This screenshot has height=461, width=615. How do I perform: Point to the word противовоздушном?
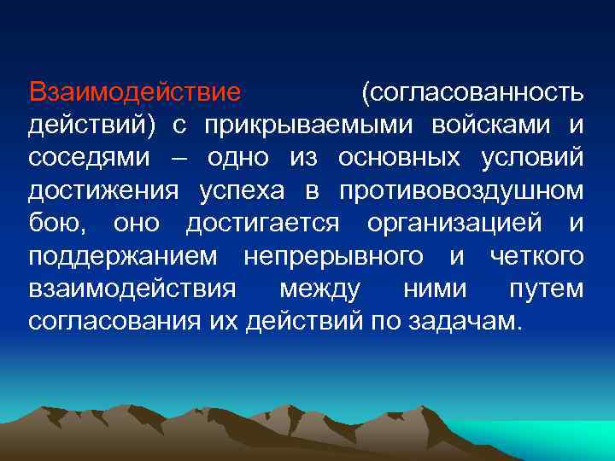tap(460, 192)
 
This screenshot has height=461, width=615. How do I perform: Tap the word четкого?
tap(537, 258)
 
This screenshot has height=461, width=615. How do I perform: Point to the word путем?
tap(547, 291)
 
